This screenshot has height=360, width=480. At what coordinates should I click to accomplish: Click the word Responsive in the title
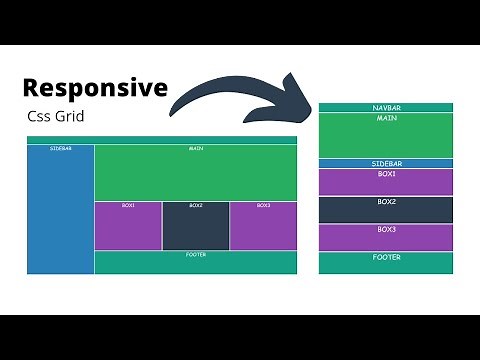(x=95, y=88)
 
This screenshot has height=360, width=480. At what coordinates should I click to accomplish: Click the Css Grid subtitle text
(x=57, y=116)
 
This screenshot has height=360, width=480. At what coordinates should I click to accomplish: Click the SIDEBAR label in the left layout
(x=60, y=149)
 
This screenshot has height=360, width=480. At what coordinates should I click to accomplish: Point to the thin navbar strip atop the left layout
(x=161, y=140)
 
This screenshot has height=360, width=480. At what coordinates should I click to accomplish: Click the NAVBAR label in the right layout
(x=386, y=107)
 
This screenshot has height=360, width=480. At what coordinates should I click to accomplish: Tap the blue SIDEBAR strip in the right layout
(x=386, y=163)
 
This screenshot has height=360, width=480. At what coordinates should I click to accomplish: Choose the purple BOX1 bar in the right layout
(x=386, y=182)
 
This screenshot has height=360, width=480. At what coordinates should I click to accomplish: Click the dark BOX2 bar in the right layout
(x=386, y=209)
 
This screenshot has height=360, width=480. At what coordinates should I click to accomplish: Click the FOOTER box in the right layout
(x=386, y=263)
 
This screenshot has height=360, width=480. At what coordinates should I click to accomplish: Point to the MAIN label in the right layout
(x=386, y=118)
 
